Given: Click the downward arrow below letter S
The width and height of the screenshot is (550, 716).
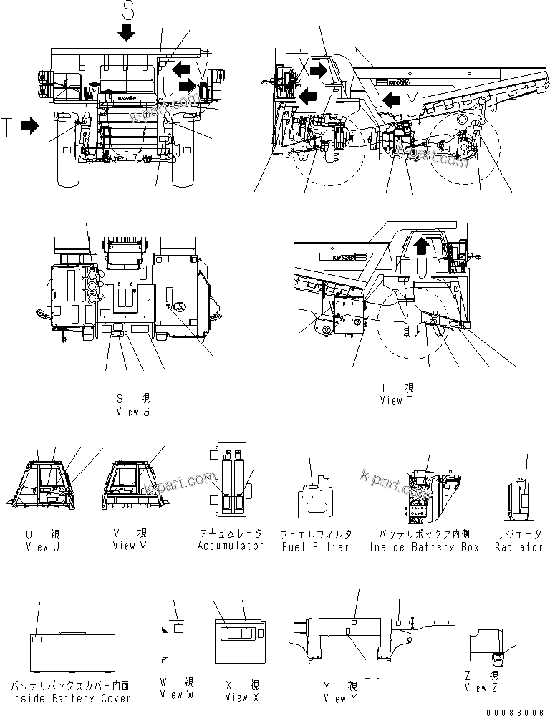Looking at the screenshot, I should tap(127, 32).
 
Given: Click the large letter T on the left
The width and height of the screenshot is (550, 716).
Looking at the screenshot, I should tap(6, 127).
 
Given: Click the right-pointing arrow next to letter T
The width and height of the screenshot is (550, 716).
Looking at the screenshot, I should tap(30, 126).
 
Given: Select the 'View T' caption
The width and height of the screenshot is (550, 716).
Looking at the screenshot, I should tap(396, 400).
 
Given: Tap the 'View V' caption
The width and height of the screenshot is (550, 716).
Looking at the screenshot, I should tap(129, 546).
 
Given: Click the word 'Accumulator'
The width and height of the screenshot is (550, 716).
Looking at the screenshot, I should tap(231, 546).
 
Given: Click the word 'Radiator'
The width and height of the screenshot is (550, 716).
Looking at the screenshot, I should tap(518, 547).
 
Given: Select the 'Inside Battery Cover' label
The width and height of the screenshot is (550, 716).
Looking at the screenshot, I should tap(70, 698).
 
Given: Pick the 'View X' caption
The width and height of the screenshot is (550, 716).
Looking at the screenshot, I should tap(236, 697).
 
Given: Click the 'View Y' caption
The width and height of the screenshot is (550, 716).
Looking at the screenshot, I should tap(334, 698).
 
